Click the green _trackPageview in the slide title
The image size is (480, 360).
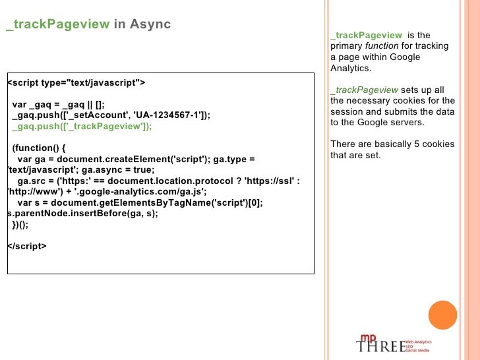point(57,24)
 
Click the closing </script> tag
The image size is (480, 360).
point(26,247)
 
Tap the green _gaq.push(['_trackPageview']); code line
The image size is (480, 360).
point(82,127)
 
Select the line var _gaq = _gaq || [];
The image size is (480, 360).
point(58,104)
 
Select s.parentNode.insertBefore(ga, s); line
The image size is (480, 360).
point(82,214)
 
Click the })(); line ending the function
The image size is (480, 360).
point(20,225)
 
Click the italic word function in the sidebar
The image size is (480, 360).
point(382,46)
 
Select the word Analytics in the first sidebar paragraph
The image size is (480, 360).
point(351,69)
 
